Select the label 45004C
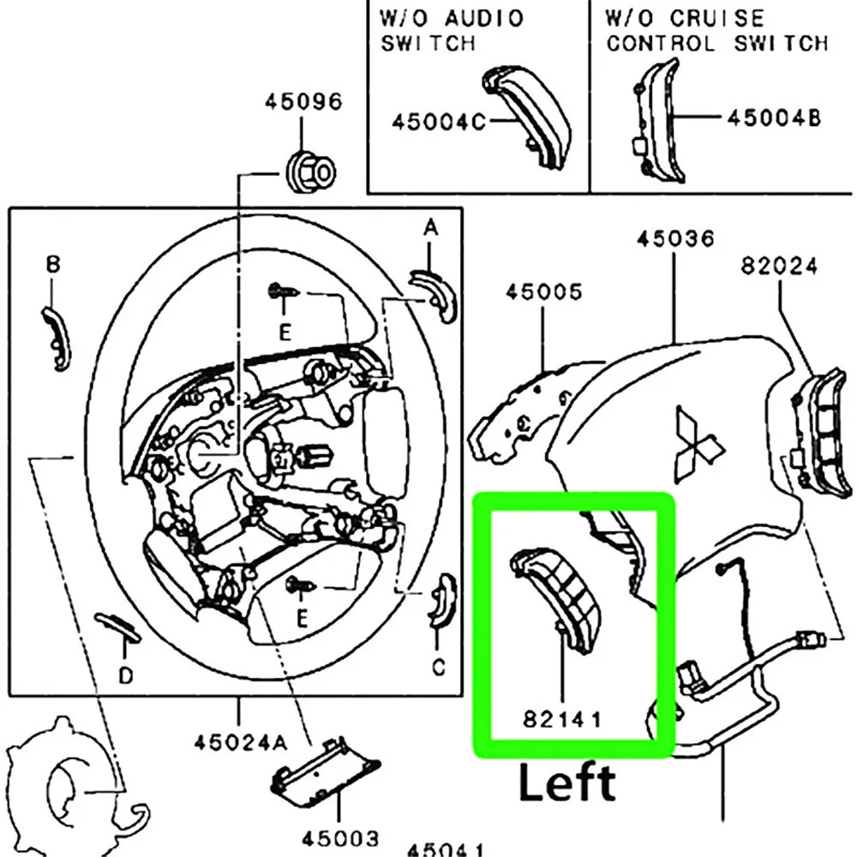coord(438,122)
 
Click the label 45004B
coord(774,117)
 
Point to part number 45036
coord(675,239)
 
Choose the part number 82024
coord(779,267)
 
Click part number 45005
coord(543,292)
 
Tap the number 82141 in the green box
coord(561,721)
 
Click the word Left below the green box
coord(567,783)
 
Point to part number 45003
coord(339,837)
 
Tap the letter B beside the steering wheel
coord(53,266)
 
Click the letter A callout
coord(431,227)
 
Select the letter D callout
coord(126,676)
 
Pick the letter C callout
coord(438,666)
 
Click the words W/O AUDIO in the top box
coord(451,18)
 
